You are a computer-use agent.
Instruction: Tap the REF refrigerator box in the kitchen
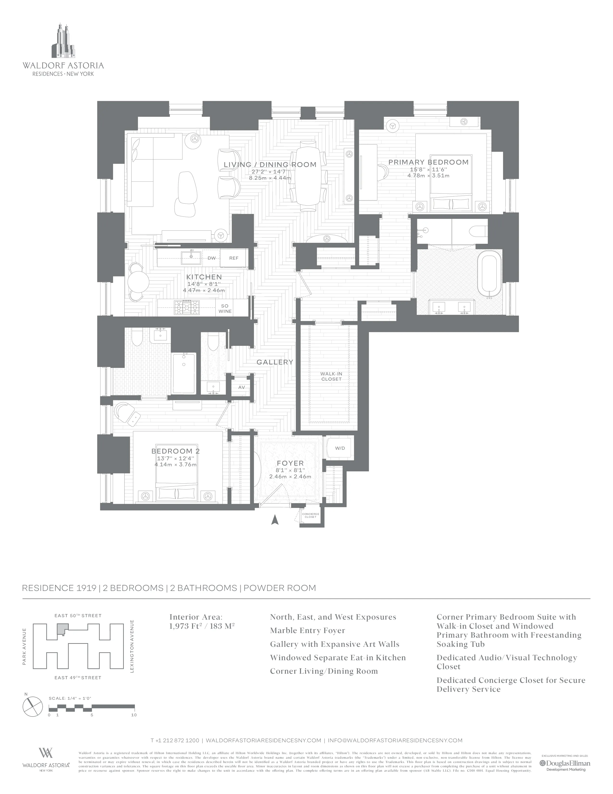point(233,258)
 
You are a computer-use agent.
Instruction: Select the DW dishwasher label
point(211,258)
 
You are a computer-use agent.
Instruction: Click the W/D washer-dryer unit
point(340,448)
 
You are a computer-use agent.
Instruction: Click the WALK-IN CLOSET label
point(331,376)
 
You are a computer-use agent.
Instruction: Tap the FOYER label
point(290,463)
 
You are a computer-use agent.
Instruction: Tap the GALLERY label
point(275,362)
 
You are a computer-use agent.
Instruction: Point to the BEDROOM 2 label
point(175,451)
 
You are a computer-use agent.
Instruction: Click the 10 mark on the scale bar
point(134,715)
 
